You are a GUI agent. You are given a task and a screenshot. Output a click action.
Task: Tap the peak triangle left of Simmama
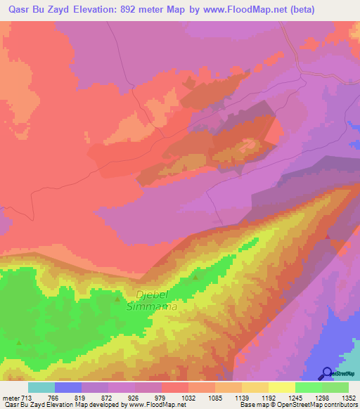pos(117,299)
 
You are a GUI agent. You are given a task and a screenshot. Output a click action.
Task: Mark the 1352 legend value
pos(349,397)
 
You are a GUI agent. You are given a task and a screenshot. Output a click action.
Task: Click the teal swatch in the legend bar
pos(41,387)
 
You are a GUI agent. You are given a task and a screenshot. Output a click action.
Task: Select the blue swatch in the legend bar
pos(68,387)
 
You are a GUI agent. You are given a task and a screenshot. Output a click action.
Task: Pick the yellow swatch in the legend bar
pos(282,387)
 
